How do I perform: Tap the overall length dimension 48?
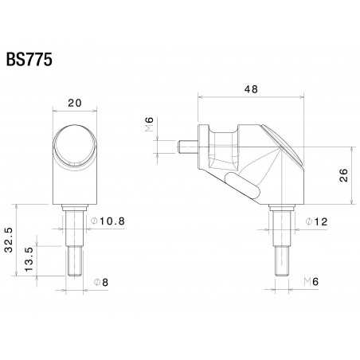point(250,90)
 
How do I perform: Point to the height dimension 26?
point(343,175)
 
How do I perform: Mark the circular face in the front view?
point(76,147)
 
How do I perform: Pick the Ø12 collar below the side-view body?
point(280,225)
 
